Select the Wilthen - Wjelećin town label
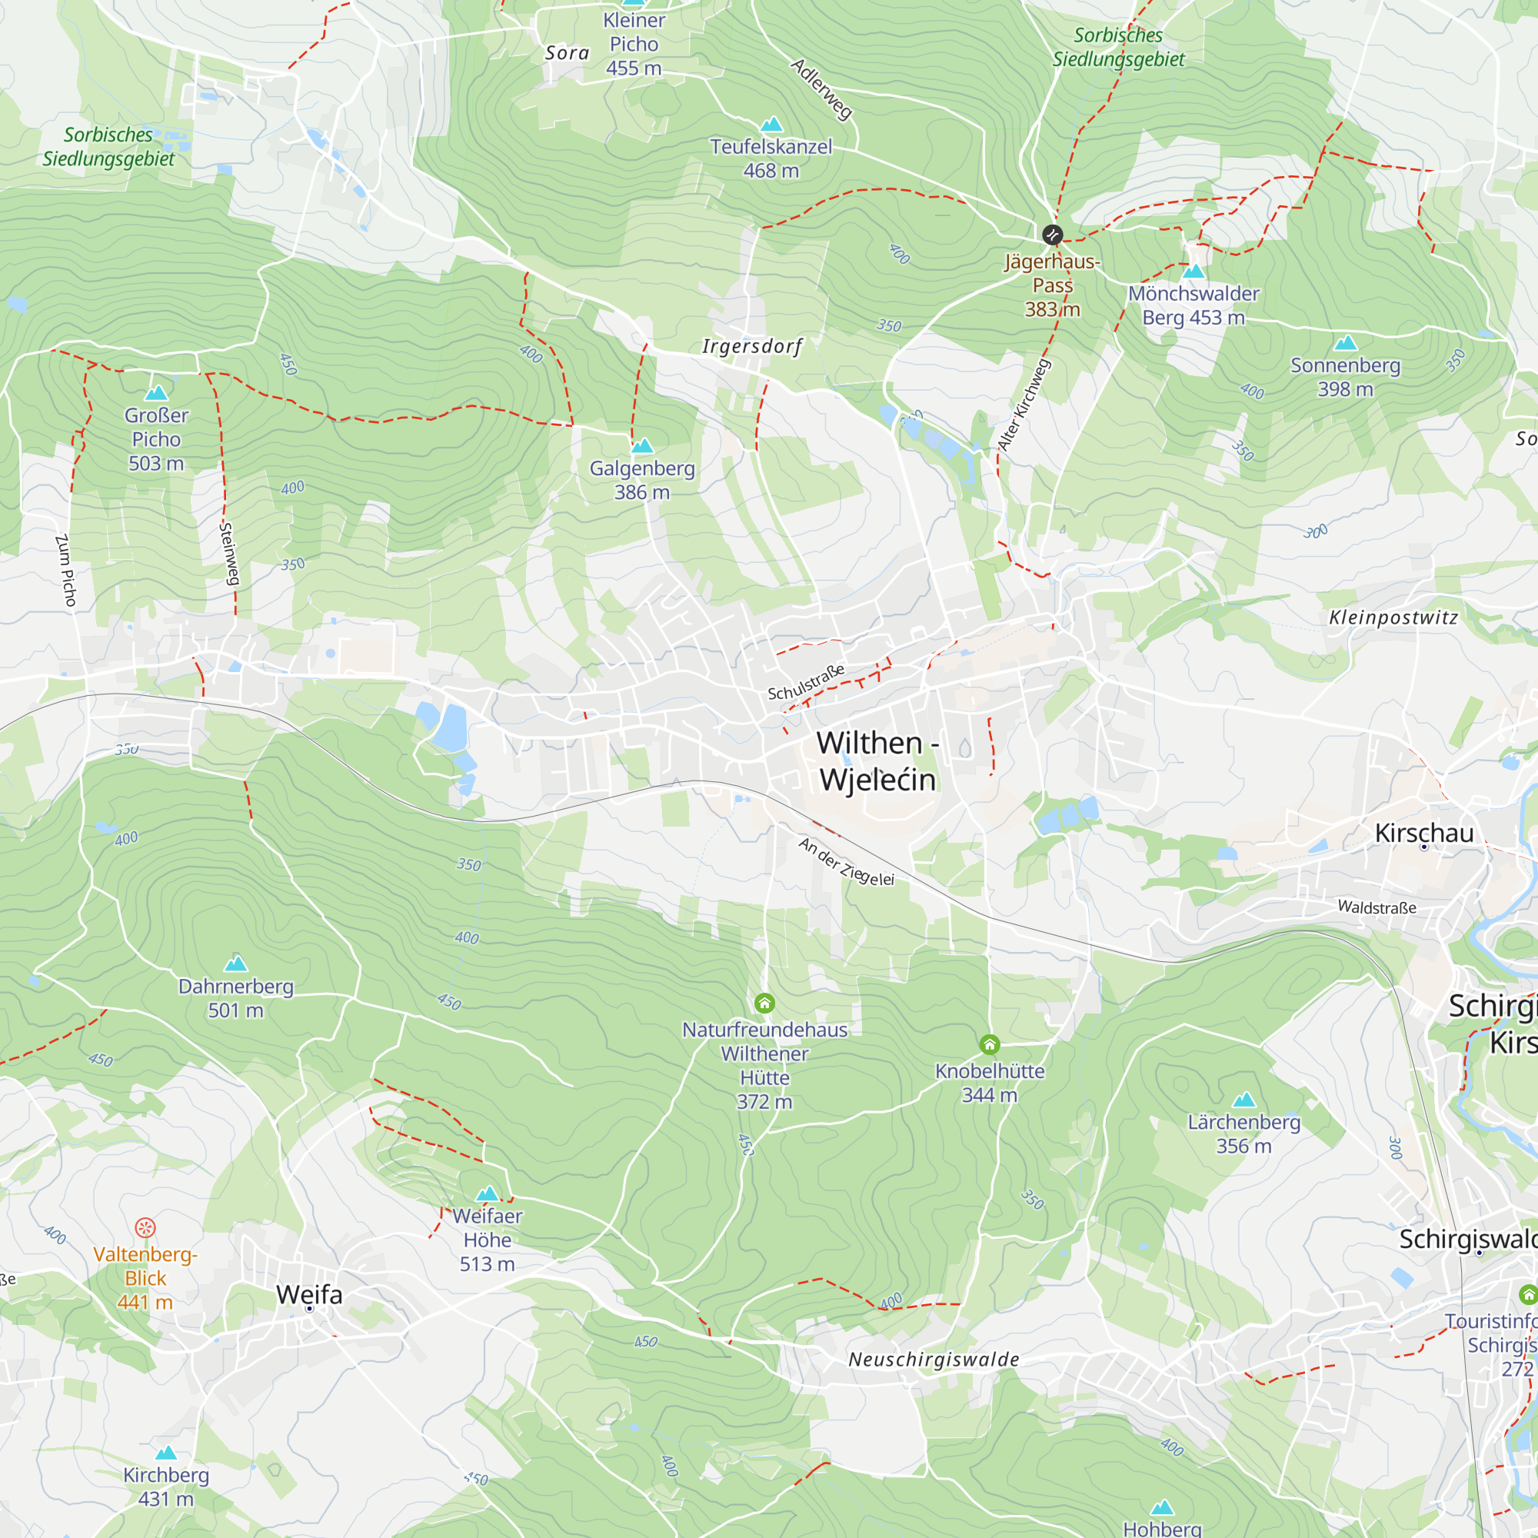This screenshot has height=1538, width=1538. (877, 761)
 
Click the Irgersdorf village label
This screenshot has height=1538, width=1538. (751, 346)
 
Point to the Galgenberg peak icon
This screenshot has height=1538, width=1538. (641, 446)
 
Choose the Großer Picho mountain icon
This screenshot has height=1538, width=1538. (156, 392)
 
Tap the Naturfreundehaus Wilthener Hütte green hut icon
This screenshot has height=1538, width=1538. (764, 1003)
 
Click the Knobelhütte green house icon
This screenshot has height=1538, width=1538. (989, 1044)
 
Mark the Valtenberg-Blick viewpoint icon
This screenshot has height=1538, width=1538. (145, 1227)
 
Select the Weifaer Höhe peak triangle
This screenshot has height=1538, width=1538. (488, 1194)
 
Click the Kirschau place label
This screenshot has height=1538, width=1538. (1424, 833)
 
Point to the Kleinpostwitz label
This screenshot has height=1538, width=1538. (1393, 618)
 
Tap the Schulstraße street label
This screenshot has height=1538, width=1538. (806, 683)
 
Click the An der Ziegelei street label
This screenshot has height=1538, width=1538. (846, 862)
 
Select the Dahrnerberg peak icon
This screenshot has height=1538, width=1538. (235, 964)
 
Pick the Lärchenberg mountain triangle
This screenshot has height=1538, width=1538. (1243, 1100)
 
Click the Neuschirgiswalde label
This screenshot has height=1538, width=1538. (933, 1360)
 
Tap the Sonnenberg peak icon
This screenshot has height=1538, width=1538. (1345, 343)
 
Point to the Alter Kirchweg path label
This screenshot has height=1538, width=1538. (1024, 405)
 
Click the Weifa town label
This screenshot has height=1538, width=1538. (309, 1294)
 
